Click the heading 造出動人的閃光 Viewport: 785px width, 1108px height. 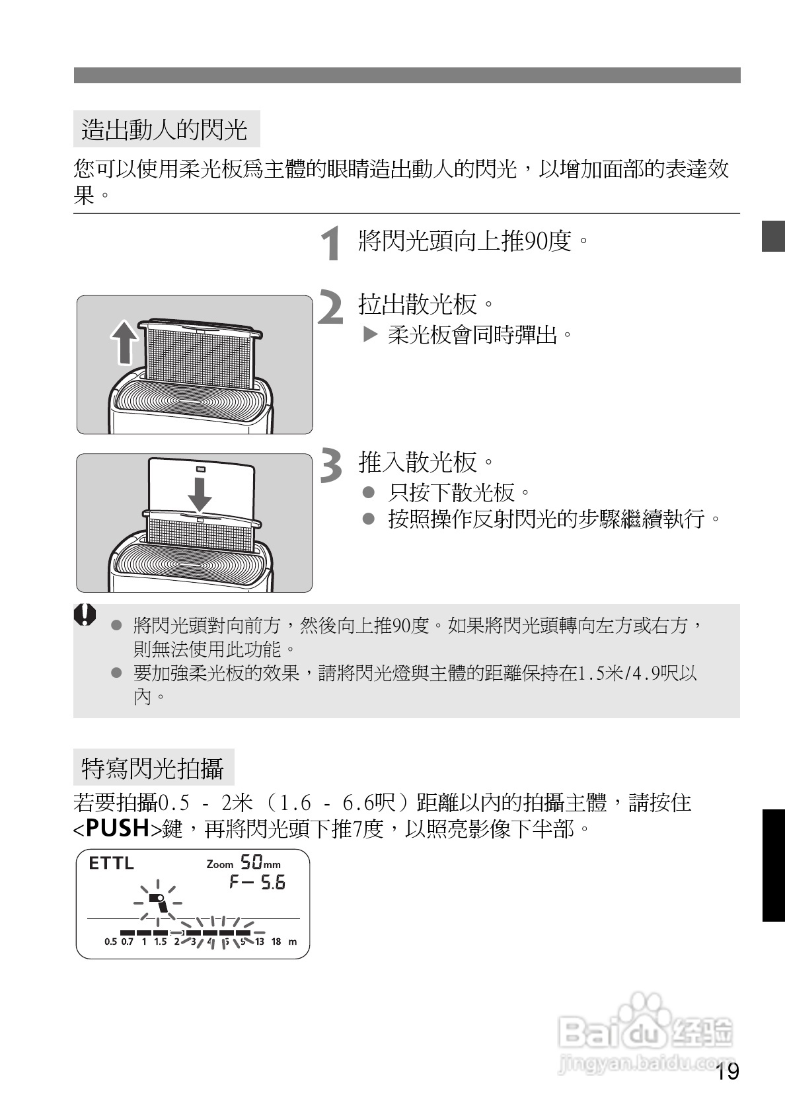[165, 129]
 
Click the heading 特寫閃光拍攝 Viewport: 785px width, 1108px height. [153, 768]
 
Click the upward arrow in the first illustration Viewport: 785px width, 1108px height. [124, 343]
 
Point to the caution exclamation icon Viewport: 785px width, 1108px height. [85, 614]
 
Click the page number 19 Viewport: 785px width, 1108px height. [727, 1072]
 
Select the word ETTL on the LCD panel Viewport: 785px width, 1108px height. [111, 863]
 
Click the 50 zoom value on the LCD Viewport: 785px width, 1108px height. [250, 862]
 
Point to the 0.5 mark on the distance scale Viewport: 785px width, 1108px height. [110, 942]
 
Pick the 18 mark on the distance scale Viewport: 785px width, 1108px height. [276, 942]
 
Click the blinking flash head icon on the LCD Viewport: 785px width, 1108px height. [157, 901]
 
